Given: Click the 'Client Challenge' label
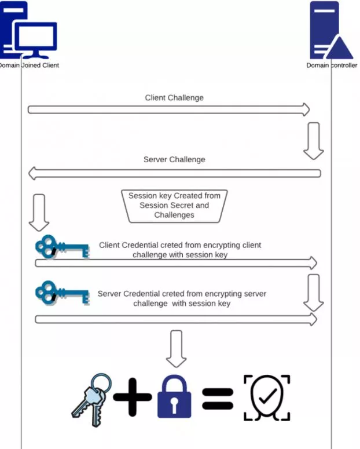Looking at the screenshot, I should (174, 98).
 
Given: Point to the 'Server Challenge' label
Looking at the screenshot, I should (174, 159).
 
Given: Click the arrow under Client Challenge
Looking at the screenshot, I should (168, 109).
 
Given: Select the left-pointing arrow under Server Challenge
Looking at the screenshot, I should (174, 173).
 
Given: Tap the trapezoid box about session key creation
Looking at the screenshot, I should (174, 205).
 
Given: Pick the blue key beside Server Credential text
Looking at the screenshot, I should (61, 294).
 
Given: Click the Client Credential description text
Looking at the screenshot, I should (180, 250).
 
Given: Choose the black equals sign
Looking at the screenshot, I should (218, 398).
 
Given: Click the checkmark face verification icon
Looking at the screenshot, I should (266, 398).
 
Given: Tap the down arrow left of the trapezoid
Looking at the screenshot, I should (39, 212).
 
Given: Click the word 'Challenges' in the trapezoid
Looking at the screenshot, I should (174, 215).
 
